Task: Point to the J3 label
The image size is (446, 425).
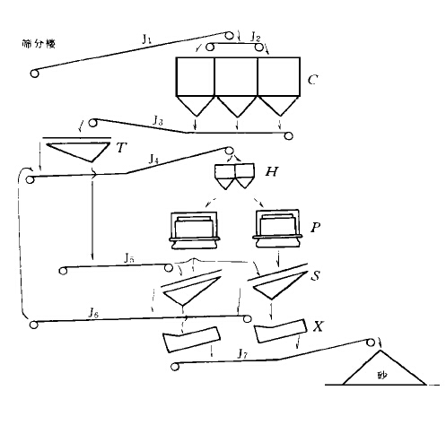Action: pyautogui.click(x=157, y=119)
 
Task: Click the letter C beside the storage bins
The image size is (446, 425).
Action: pyautogui.click(x=311, y=81)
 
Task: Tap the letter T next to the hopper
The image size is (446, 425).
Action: pyautogui.click(x=120, y=147)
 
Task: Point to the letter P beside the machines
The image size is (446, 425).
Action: pyautogui.click(x=313, y=228)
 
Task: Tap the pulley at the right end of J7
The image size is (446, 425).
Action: pyautogui.click(x=372, y=342)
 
